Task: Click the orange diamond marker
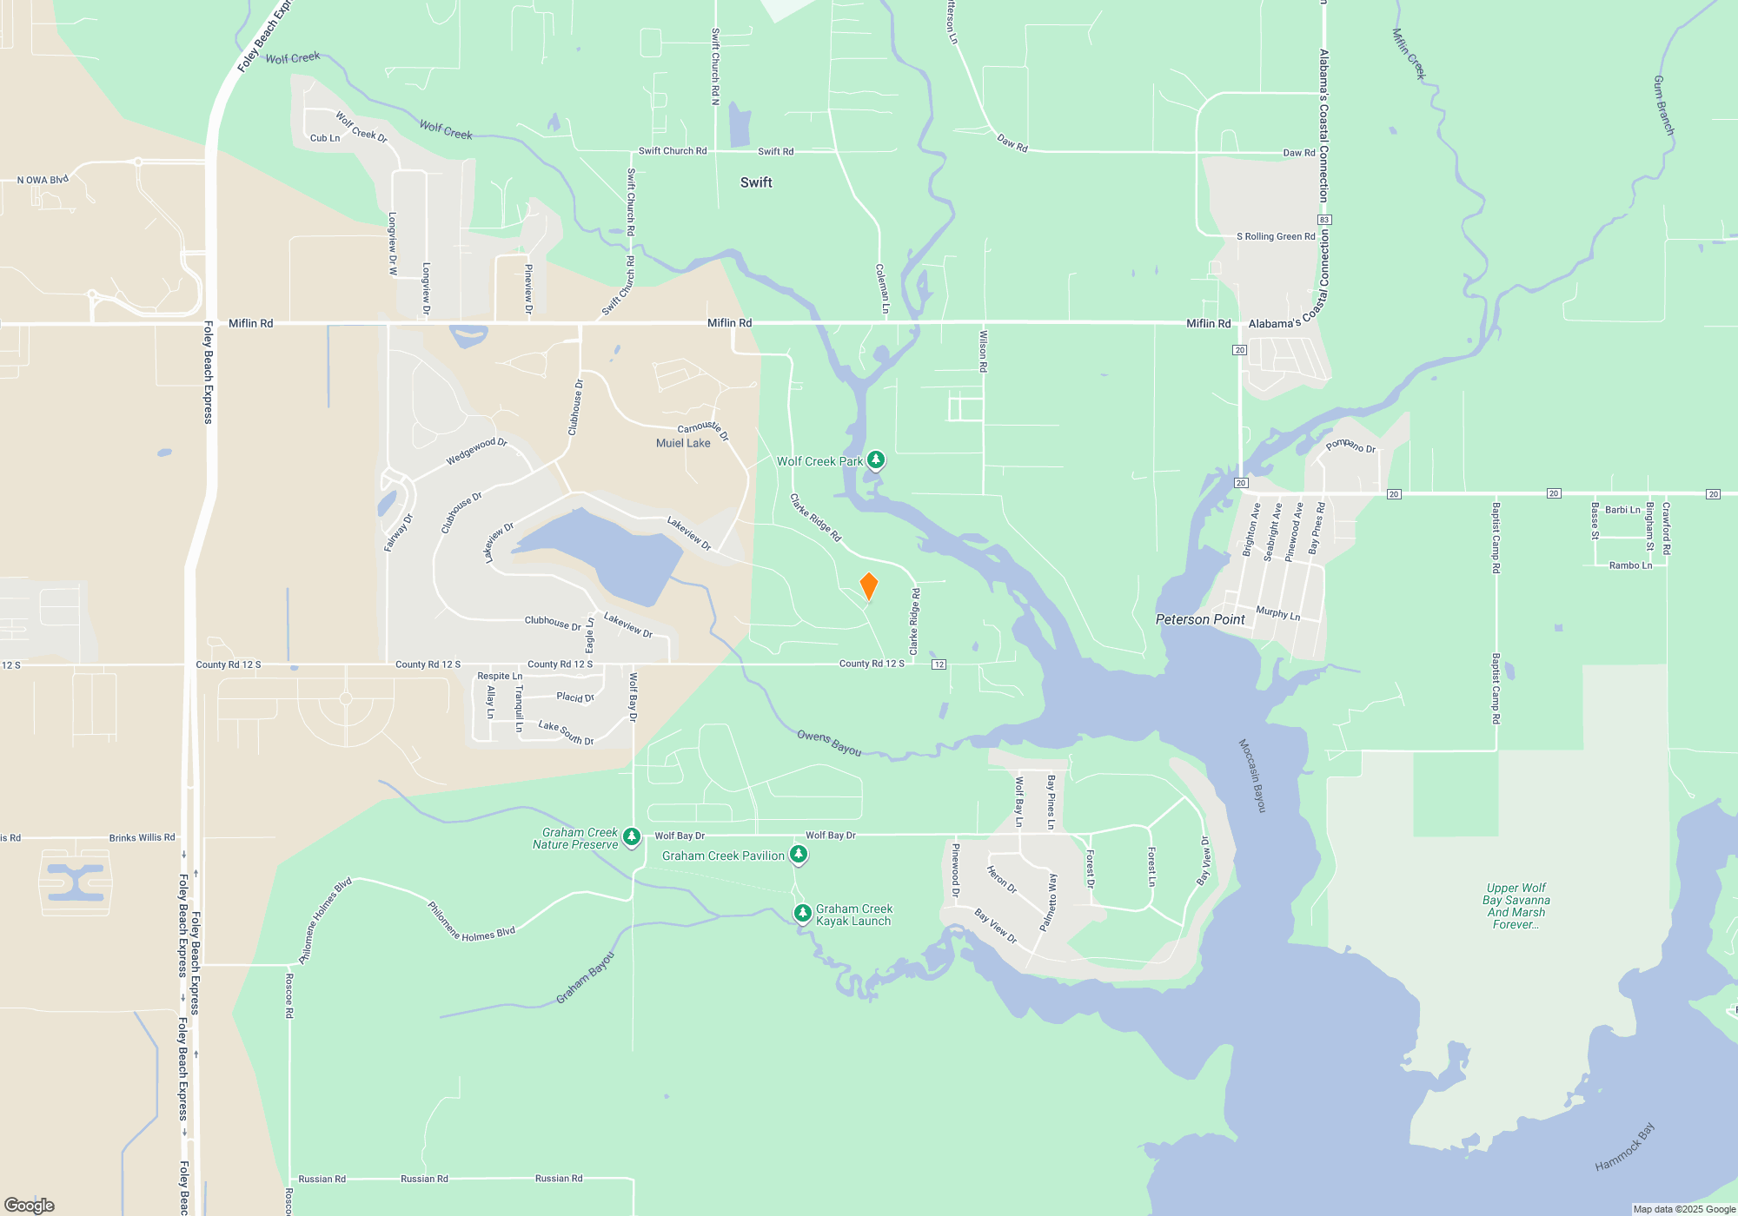(x=868, y=586)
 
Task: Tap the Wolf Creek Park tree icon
(x=876, y=459)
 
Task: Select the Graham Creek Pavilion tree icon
(x=798, y=855)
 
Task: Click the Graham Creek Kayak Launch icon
(x=803, y=913)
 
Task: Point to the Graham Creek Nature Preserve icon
(x=632, y=837)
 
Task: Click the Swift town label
(x=756, y=182)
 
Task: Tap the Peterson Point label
(x=1200, y=619)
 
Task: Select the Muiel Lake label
(x=683, y=443)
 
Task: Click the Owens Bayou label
(x=829, y=743)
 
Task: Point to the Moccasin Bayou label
(x=1252, y=776)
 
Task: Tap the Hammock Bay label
(x=1624, y=1147)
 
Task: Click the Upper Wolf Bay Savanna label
(x=1516, y=906)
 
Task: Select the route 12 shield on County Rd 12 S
(x=939, y=664)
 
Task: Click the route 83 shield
(x=1324, y=220)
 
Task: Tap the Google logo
(x=30, y=1205)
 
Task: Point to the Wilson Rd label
(x=983, y=351)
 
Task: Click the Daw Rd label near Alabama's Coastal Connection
(x=1298, y=153)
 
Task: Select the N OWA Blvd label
(x=43, y=180)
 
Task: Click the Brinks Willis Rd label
(x=142, y=838)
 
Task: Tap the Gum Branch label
(x=1662, y=105)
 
